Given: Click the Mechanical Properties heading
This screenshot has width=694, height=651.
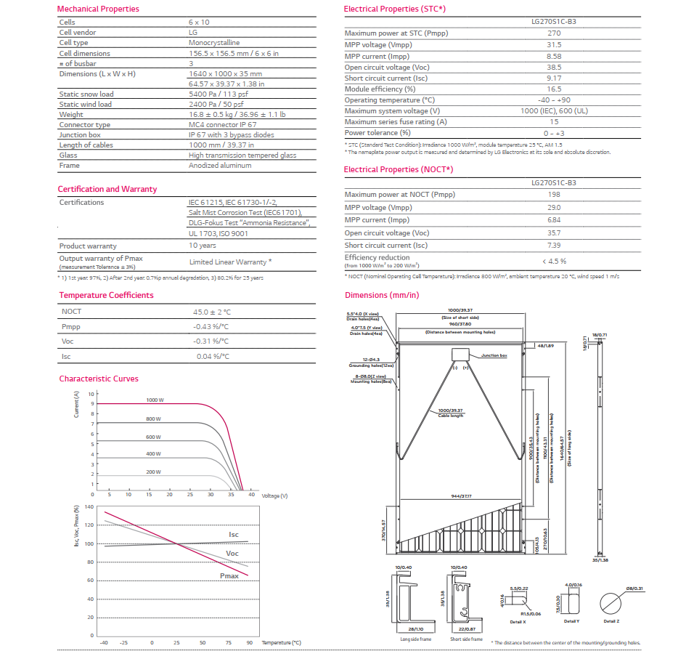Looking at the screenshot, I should click(98, 9).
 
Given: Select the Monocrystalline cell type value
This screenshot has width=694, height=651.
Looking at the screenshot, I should click(213, 43).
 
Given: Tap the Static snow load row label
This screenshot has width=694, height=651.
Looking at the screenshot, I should click(86, 94).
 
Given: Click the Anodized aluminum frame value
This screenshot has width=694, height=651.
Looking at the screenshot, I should click(220, 166).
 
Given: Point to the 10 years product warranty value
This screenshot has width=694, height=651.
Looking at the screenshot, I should click(203, 246).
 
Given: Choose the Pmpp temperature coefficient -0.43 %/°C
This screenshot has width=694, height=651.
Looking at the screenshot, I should click(211, 326).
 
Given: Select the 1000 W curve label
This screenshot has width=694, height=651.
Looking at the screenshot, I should click(155, 400).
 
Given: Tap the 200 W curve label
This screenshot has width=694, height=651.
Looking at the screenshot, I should click(152, 472).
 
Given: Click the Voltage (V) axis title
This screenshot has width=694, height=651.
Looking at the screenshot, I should click(274, 496).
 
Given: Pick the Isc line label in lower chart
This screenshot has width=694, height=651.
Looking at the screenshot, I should click(234, 535).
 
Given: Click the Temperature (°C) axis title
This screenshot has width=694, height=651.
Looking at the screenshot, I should click(281, 643).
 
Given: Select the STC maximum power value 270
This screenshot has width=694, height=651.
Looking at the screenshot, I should click(554, 33).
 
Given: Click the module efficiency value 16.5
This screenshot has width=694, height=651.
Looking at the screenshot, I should click(554, 89).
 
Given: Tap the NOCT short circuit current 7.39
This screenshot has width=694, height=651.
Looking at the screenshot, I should click(554, 246).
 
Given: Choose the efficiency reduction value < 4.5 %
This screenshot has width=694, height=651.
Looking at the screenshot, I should click(554, 261).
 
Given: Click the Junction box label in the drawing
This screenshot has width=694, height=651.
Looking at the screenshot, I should click(494, 356).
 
